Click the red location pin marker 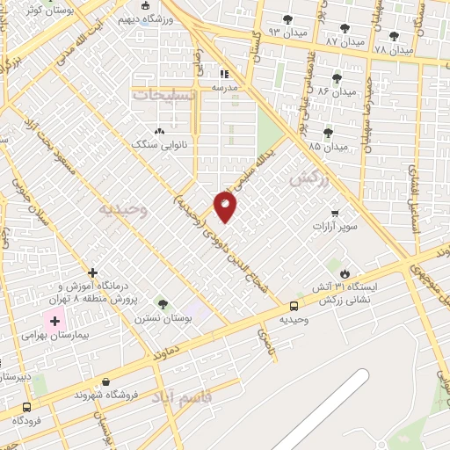[x=226, y=206]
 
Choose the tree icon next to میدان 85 [x=329, y=133]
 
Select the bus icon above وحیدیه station [x=294, y=307]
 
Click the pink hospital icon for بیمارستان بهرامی [x=54, y=322]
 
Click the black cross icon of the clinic [x=92, y=273]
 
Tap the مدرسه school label [x=226, y=88]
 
